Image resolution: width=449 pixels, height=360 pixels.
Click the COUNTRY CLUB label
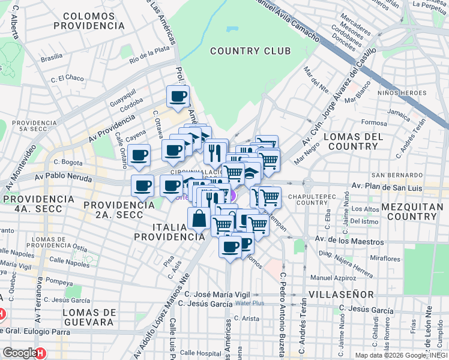tap(250, 51)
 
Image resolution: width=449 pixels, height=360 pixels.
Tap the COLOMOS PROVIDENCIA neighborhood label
tap(89, 20)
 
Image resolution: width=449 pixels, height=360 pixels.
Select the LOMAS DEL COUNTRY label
tap(354, 142)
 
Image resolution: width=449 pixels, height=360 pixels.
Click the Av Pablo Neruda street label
tap(62, 178)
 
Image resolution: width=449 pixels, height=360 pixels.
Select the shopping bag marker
tap(199, 218)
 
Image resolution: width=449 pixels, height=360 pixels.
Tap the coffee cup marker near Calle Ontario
tap(139, 155)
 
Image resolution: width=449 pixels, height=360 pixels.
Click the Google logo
tap(20, 353)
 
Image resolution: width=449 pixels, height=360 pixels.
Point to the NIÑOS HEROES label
tap(402, 93)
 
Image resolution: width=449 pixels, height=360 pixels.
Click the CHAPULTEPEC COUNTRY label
tap(315, 199)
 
